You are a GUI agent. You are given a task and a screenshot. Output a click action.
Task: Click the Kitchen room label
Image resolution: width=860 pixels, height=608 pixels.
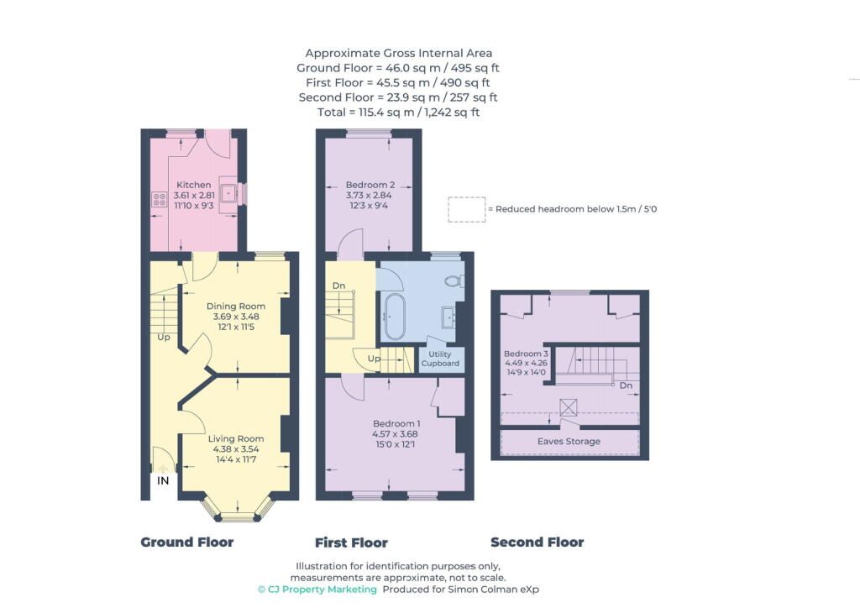pos(194,185)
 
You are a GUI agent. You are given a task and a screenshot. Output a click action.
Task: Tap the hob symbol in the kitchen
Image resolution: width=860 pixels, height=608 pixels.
pos(159,200)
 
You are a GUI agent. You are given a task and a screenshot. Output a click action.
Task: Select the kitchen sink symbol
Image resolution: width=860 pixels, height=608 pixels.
pos(228,193)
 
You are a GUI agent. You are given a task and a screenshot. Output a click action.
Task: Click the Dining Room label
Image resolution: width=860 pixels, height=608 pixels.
pos(236,306)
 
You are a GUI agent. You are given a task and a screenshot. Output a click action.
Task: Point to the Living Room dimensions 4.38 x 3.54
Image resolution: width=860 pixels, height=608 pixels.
pos(236,449)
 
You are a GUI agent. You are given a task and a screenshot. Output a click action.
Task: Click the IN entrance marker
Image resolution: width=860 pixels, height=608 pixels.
pos(163,481)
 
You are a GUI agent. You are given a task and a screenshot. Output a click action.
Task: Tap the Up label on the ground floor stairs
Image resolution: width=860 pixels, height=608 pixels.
pos(164,337)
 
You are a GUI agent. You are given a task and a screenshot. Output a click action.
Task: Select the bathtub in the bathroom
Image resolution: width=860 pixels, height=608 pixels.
pos(392,317)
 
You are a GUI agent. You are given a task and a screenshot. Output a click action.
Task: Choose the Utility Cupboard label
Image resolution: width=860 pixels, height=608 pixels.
pos(440,359)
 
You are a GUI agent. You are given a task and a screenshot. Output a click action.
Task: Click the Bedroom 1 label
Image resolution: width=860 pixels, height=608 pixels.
pos(396,423)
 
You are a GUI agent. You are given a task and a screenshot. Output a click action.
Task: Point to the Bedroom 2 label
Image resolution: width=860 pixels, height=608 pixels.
pos(370,185)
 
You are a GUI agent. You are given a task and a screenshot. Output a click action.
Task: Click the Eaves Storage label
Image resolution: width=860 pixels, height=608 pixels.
pos(569,442)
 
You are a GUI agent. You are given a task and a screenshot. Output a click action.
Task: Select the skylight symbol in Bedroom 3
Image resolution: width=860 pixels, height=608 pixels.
pos(569,408)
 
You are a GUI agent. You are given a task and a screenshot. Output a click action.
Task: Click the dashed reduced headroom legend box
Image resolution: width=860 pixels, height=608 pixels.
pos(467,209)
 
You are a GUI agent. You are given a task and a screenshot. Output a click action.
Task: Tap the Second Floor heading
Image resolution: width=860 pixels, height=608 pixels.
pos(537,542)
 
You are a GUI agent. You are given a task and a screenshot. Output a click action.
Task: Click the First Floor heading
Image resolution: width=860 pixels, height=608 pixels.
pos(351,542)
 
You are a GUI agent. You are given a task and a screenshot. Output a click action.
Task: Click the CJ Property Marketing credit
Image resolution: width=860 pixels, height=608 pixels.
pos(317,590)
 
